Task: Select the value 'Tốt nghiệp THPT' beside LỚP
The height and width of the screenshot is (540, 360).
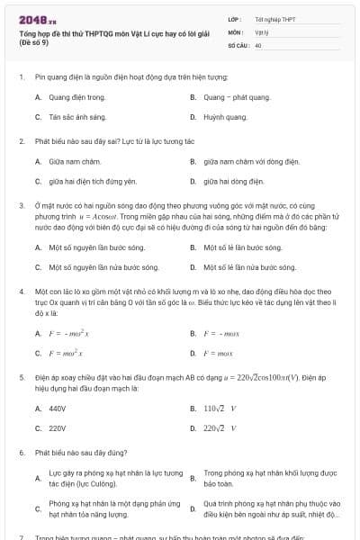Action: point(274,19)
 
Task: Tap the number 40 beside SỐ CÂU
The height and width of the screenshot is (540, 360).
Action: point(258,44)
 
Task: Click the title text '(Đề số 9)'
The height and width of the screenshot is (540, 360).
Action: point(35,43)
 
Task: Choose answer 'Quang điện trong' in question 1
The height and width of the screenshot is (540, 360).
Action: point(76,96)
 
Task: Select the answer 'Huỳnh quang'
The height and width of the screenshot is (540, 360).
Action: point(225,117)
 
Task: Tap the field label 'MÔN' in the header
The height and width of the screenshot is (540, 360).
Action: point(236,31)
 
